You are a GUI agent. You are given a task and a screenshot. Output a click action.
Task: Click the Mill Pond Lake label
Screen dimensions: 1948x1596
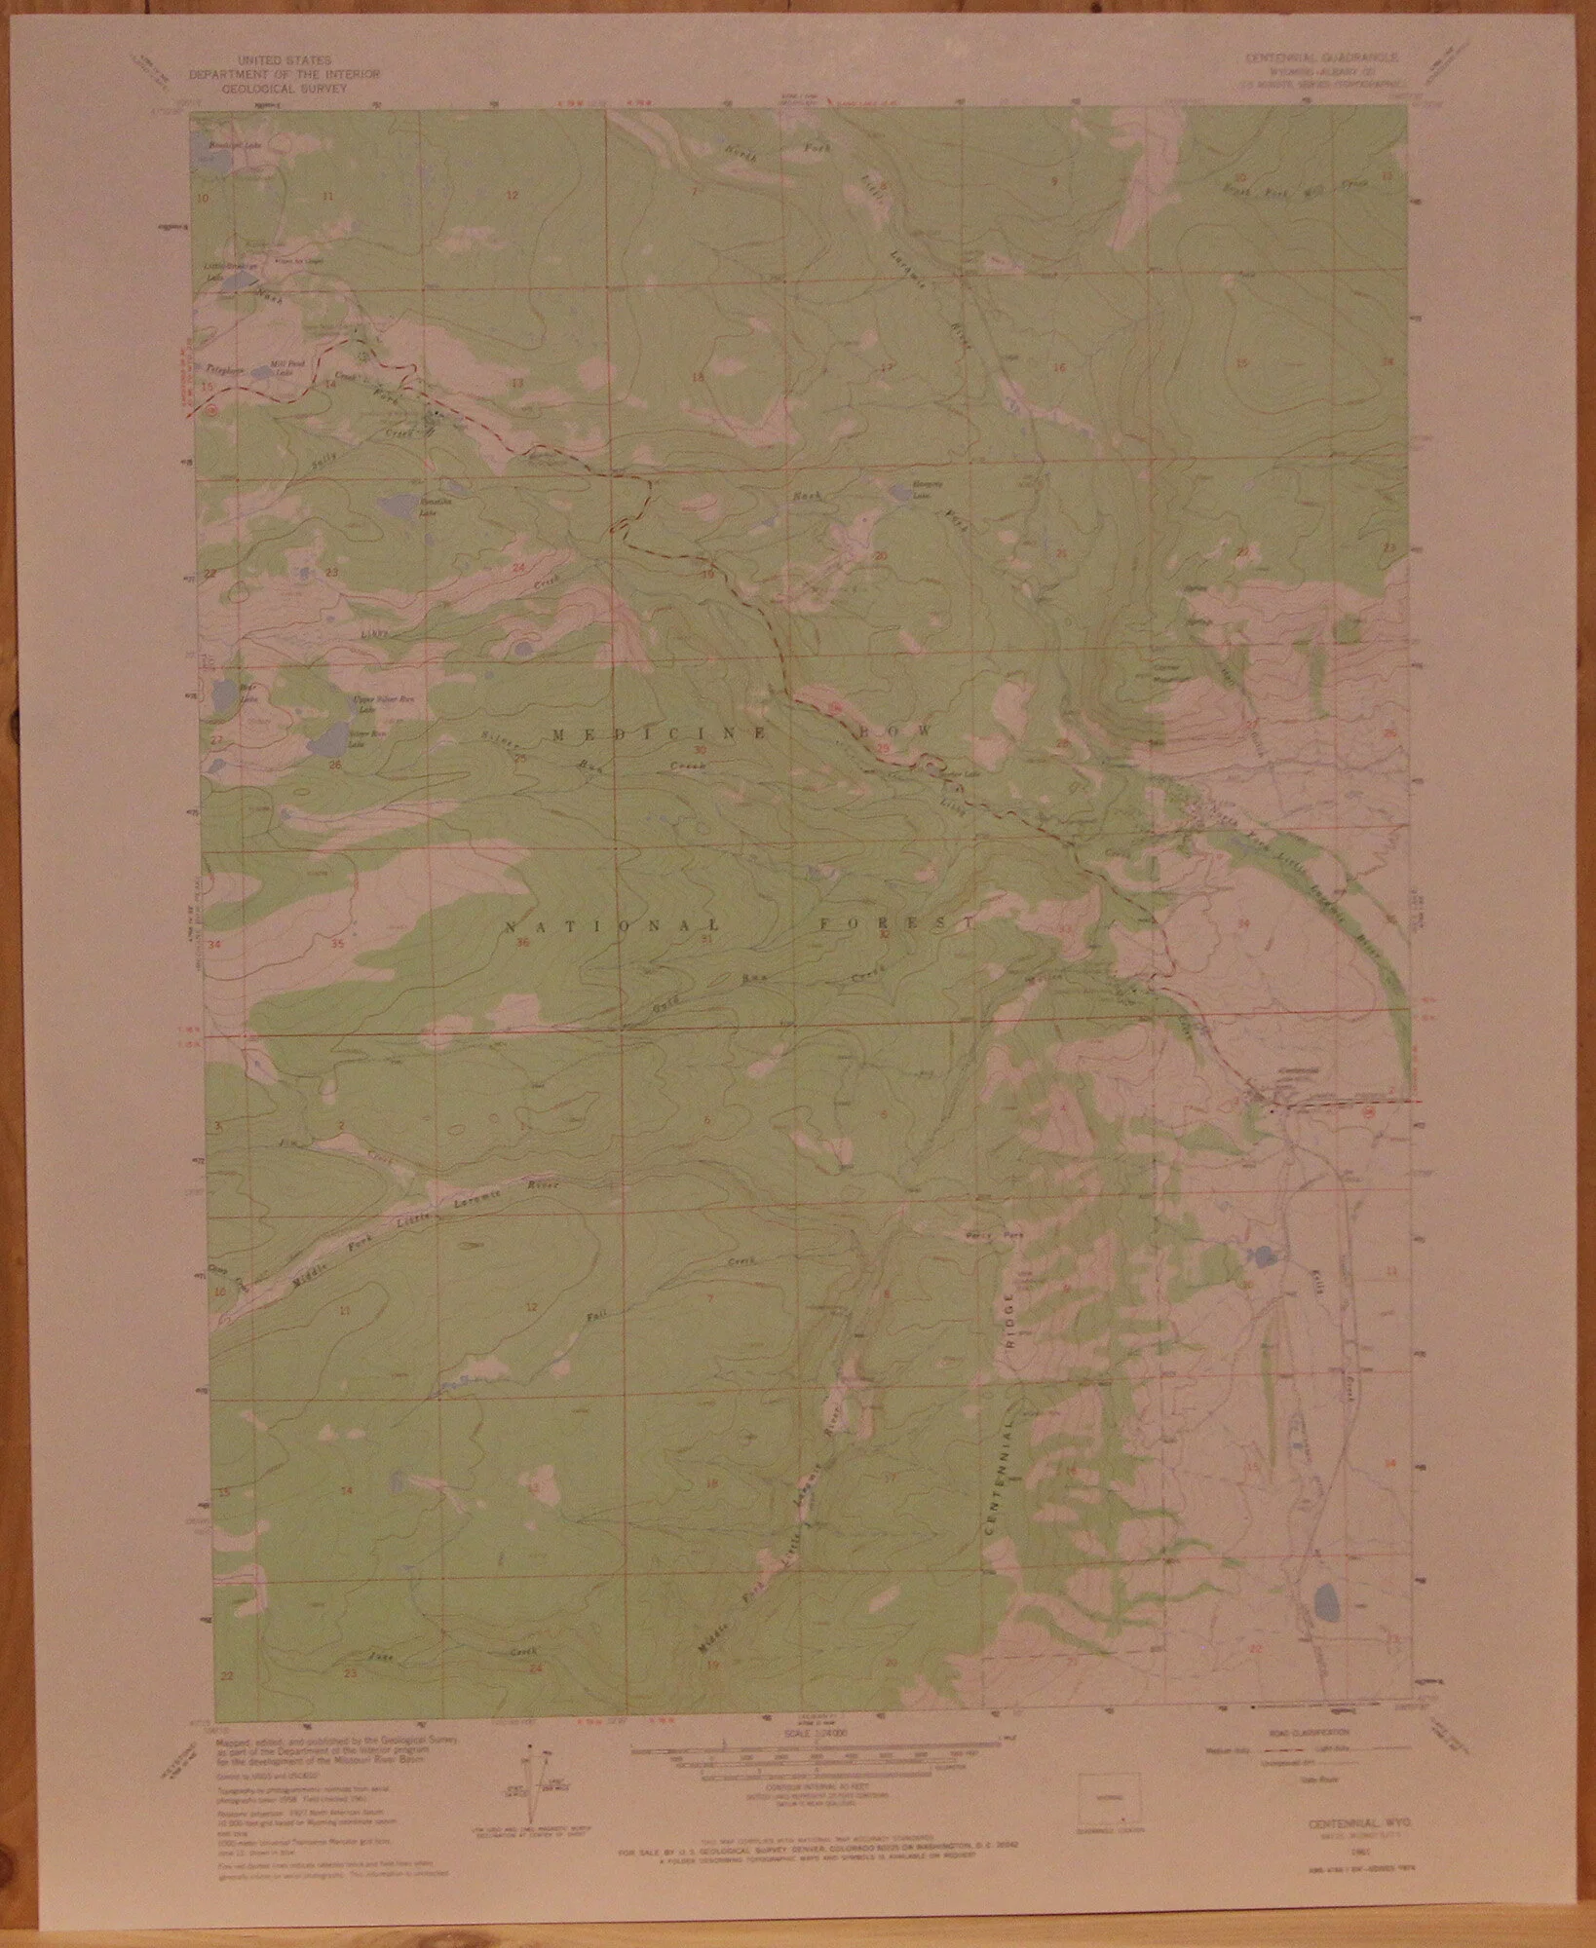click(x=283, y=370)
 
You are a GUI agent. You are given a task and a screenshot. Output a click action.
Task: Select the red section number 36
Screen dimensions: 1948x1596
click(x=522, y=942)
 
